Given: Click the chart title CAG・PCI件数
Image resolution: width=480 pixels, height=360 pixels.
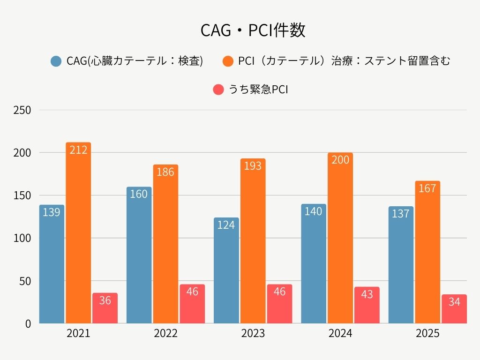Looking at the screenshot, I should coord(253,30).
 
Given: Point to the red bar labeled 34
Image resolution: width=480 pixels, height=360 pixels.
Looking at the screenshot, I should coord(454,309).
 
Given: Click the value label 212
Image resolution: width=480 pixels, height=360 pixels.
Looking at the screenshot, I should coord(78,150).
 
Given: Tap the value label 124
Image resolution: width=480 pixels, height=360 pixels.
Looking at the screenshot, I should coord(226,225).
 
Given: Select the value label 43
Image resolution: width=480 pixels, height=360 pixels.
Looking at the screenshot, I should coord(367,294).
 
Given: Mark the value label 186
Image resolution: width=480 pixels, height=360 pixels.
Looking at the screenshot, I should coord(165,172).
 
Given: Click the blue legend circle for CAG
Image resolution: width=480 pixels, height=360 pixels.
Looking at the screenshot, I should coord(56,61).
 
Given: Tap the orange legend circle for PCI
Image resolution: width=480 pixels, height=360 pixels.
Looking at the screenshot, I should coord(228,61).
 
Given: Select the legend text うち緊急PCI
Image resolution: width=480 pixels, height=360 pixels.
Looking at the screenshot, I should coord(258,90).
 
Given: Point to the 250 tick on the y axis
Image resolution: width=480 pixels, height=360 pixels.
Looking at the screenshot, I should coord(22,111).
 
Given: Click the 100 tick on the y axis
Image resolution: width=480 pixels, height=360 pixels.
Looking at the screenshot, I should coord(22,239).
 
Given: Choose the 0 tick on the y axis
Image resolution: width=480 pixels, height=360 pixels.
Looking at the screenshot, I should coord(28,324).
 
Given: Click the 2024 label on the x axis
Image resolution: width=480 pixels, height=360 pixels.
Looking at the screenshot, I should coord(340,334).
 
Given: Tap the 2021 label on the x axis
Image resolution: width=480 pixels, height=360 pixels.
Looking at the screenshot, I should coord(78,334).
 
